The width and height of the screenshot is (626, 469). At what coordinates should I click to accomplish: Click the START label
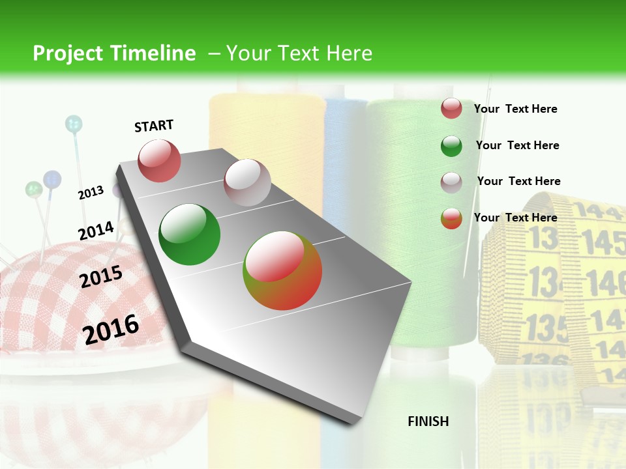pyautogui.click(x=154, y=126)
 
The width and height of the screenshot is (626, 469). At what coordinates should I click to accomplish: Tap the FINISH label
pyautogui.click(x=428, y=421)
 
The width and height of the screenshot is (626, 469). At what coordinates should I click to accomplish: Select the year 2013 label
pyautogui.click(x=91, y=193)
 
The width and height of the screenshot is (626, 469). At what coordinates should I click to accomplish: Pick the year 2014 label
pyautogui.click(x=96, y=231)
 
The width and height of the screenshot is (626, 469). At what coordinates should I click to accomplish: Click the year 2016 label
pyautogui.click(x=111, y=329)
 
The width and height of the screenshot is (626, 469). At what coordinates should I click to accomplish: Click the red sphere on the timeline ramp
pyautogui.click(x=160, y=160)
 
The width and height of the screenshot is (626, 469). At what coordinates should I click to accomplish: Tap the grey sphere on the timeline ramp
pyautogui.click(x=247, y=182)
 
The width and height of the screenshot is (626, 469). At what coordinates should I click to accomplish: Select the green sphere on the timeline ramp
pyautogui.click(x=190, y=234)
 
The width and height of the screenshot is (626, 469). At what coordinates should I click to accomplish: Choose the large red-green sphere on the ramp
pyautogui.click(x=282, y=270)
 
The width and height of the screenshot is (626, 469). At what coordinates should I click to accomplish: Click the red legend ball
pyautogui.click(x=451, y=109)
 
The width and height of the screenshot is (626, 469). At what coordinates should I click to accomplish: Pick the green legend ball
pyautogui.click(x=451, y=146)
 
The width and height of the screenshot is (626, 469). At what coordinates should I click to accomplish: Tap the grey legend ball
pyautogui.click(x=451, y=182)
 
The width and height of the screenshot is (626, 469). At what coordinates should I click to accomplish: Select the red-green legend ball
pyautogui.click(x=451, y=218)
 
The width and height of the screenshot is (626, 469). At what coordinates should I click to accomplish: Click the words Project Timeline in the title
pyautogui.click(x=114, y=53)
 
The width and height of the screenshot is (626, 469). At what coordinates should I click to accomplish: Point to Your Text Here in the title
pyautogui.click(x=299, y=53)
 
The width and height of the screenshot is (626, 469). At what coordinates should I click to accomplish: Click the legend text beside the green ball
pyautogui.click(x=517, y=145)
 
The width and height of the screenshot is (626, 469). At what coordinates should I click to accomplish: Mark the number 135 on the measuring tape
pyautogui.click(x=547, y=326)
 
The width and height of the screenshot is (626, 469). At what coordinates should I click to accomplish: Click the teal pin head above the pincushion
pyautogui.click(x=74, y=123)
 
